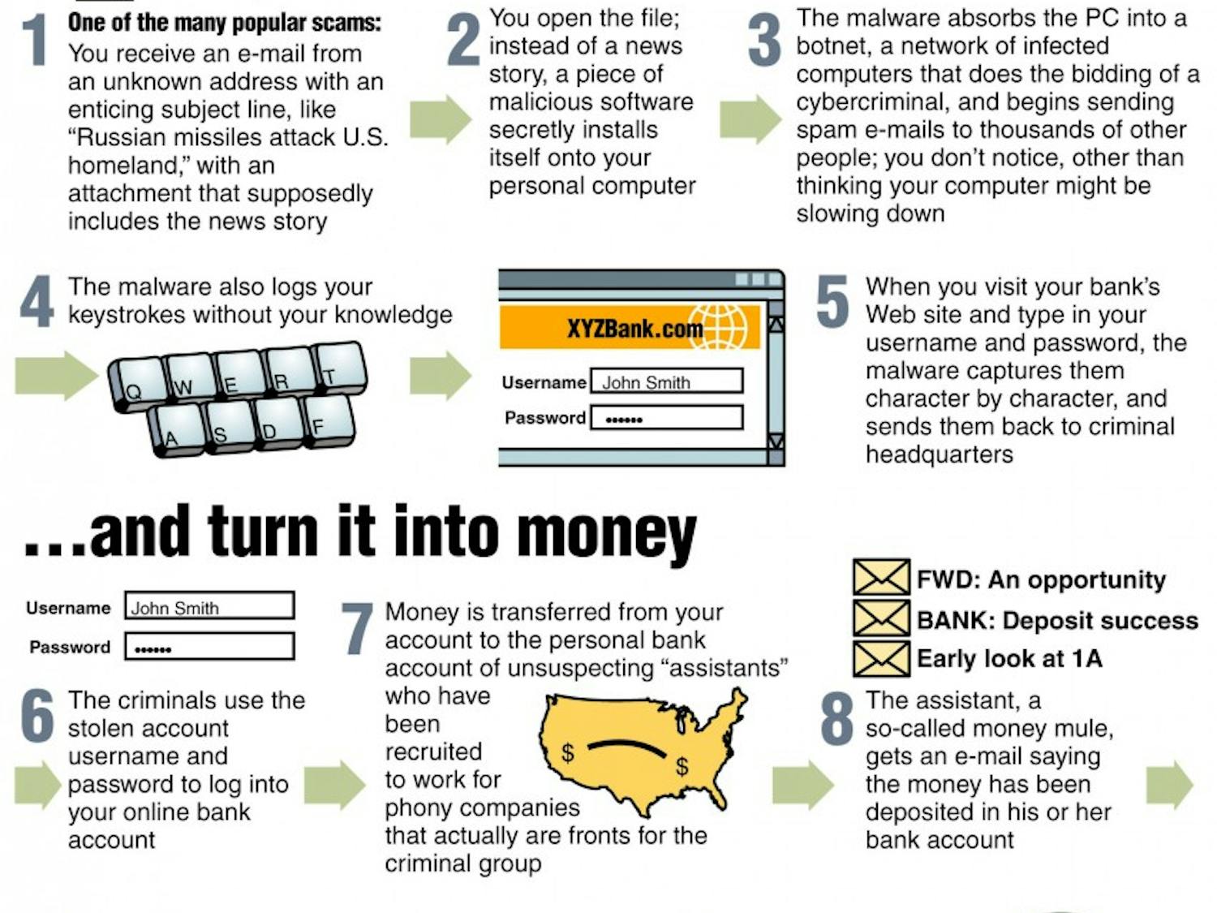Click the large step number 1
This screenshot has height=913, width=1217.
point(34,41)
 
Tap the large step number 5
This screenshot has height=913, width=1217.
point(833,302)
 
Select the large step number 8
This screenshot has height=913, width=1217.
point(837,717)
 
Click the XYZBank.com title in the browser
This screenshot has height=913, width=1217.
point(634,329)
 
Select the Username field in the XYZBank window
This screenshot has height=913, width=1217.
point(666,381)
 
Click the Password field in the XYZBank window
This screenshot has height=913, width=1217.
point(666,418)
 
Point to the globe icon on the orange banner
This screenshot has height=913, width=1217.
point(721,325)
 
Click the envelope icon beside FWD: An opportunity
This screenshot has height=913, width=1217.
point(881,578)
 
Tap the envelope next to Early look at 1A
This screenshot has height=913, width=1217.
point(881,658)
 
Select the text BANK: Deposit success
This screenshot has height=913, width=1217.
point(1056,621)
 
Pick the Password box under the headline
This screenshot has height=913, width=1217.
point(209,648)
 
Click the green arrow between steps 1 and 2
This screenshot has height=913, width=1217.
point(440,119)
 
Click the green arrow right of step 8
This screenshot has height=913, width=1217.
point(1169,784)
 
